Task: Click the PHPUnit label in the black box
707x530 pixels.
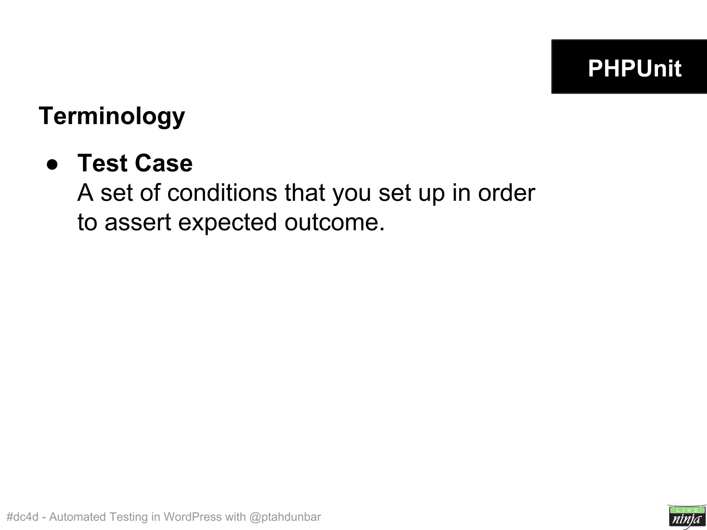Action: (635, 68)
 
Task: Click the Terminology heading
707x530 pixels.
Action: (112, 116)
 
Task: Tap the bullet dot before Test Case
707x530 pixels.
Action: (52, 165)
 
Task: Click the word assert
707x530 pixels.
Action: (138, 222)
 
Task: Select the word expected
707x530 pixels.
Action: (227, 223)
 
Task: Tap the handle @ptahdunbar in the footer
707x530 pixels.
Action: (285, 517)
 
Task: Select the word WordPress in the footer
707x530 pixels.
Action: (193, 517)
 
